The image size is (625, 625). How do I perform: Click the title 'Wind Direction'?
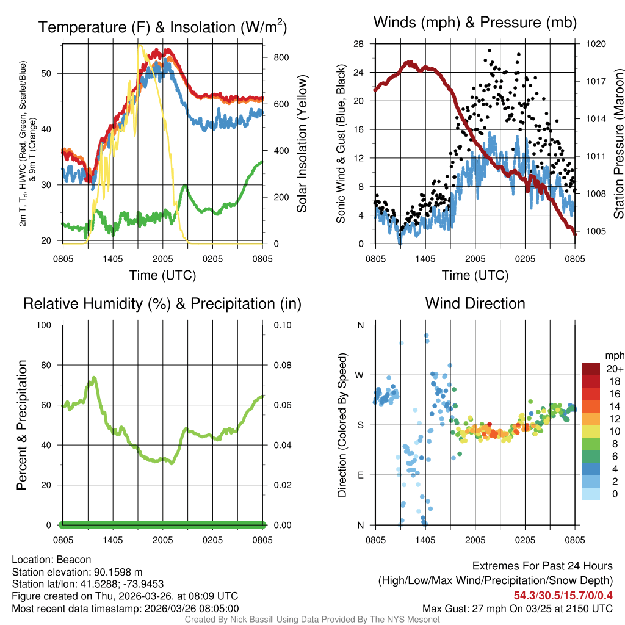(x=475, y=303)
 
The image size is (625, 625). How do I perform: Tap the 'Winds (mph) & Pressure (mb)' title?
(x=475, y=23)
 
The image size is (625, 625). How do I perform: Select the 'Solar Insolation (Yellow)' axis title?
(x=302, y=144)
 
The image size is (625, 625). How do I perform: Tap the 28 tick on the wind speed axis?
(x=358, y=44)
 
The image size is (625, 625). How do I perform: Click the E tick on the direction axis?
(x=361, y=475)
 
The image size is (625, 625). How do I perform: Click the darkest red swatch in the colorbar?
(x=591, y=369)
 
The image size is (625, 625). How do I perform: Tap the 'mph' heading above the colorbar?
(x=613, y=355)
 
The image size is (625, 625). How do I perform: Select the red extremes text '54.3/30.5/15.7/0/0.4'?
(x=563, y=596)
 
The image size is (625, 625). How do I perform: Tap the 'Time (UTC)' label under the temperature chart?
(x=162, y=275)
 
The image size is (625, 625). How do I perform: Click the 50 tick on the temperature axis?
(x=52, y=73)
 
